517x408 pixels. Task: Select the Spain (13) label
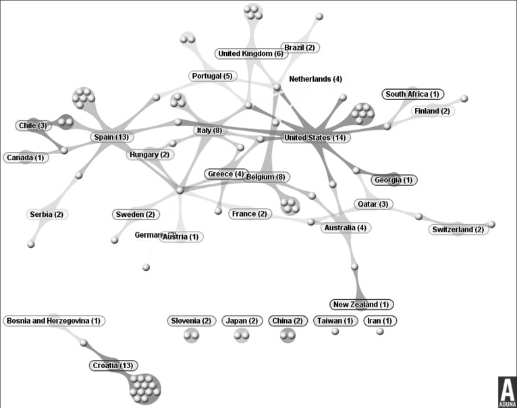coord(111,137)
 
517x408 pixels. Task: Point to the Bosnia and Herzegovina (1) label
coord(54,321)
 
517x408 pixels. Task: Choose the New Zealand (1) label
coord(362,305)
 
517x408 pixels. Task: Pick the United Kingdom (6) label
coord(250,53)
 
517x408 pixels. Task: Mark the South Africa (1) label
coord(412,95)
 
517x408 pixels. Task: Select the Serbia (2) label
coord(47,214)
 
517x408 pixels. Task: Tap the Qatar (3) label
coord(373,204)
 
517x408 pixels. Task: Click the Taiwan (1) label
coord(335,321)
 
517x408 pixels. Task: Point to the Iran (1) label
coord(381,321)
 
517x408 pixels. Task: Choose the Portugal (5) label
coord(211,76)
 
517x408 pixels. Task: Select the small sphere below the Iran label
coord(380,332)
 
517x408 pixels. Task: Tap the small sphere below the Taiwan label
coord(335,332)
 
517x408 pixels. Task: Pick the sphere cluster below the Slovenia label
coord(191,334)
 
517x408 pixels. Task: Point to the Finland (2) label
coord(432,111)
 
